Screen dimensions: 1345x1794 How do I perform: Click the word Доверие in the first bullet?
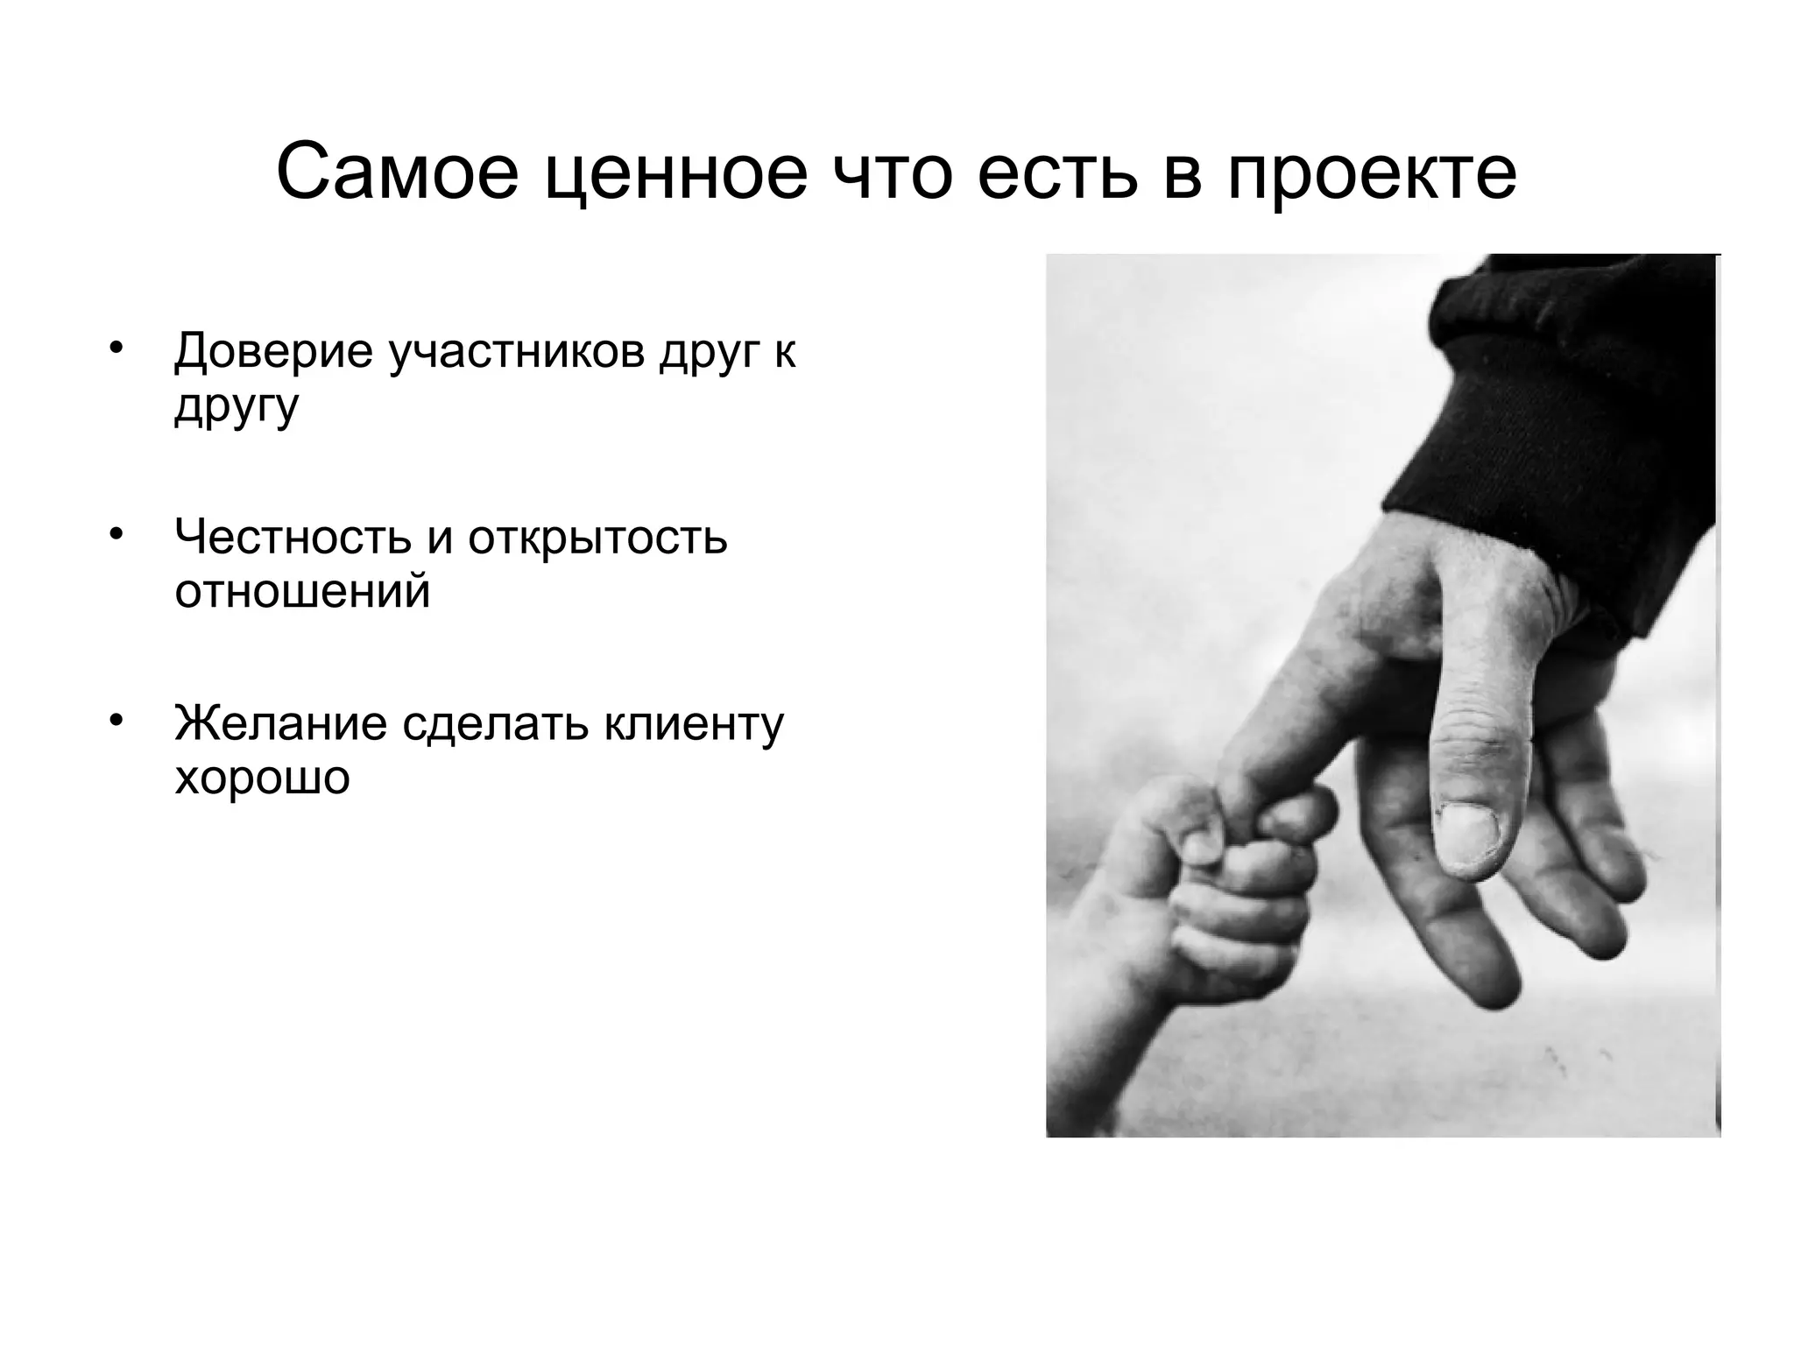[x=274, y=351]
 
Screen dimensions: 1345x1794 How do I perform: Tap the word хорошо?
[x=262, y=777]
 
